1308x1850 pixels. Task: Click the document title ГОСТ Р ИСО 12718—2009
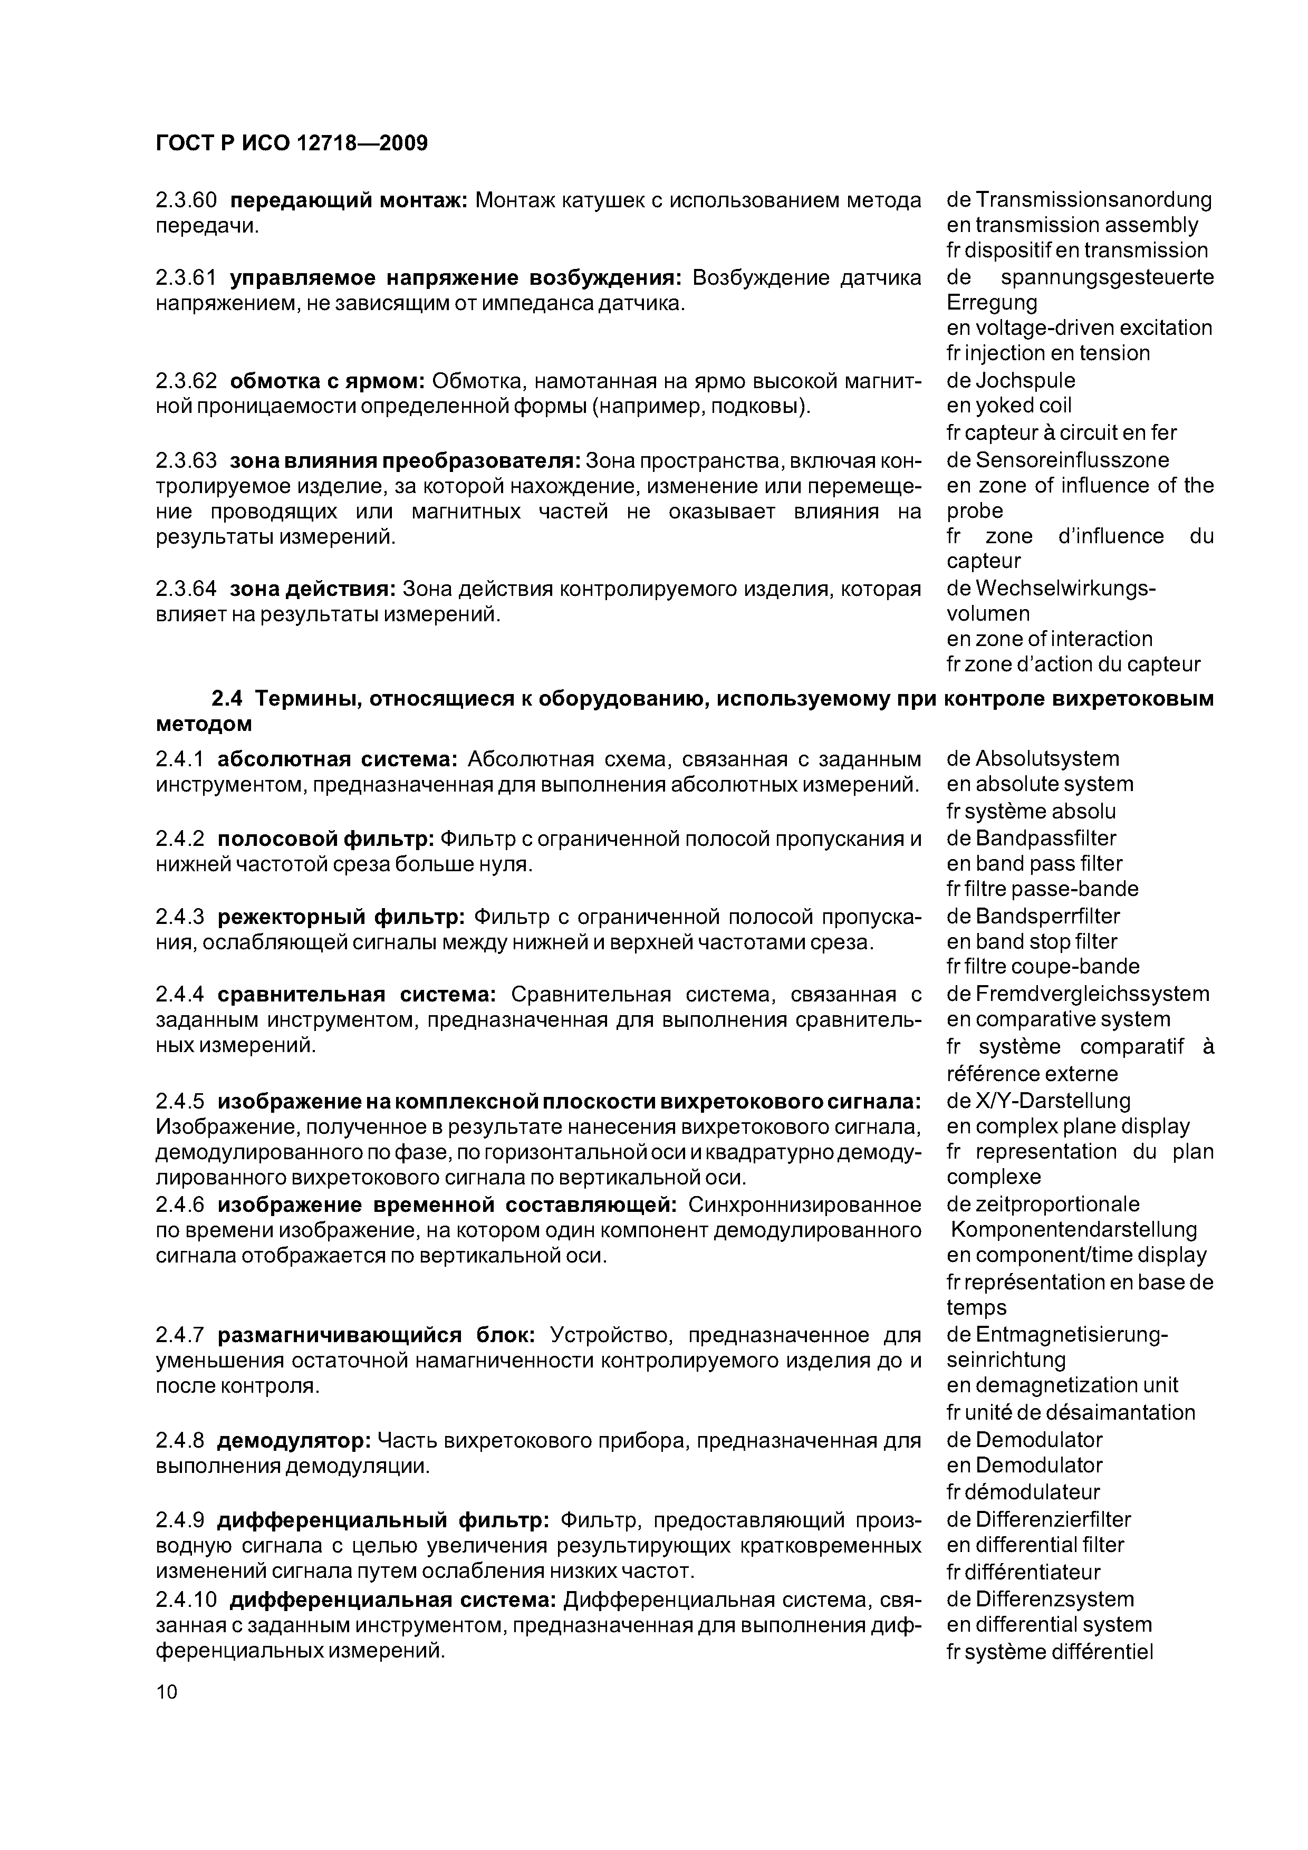click(291, 143)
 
